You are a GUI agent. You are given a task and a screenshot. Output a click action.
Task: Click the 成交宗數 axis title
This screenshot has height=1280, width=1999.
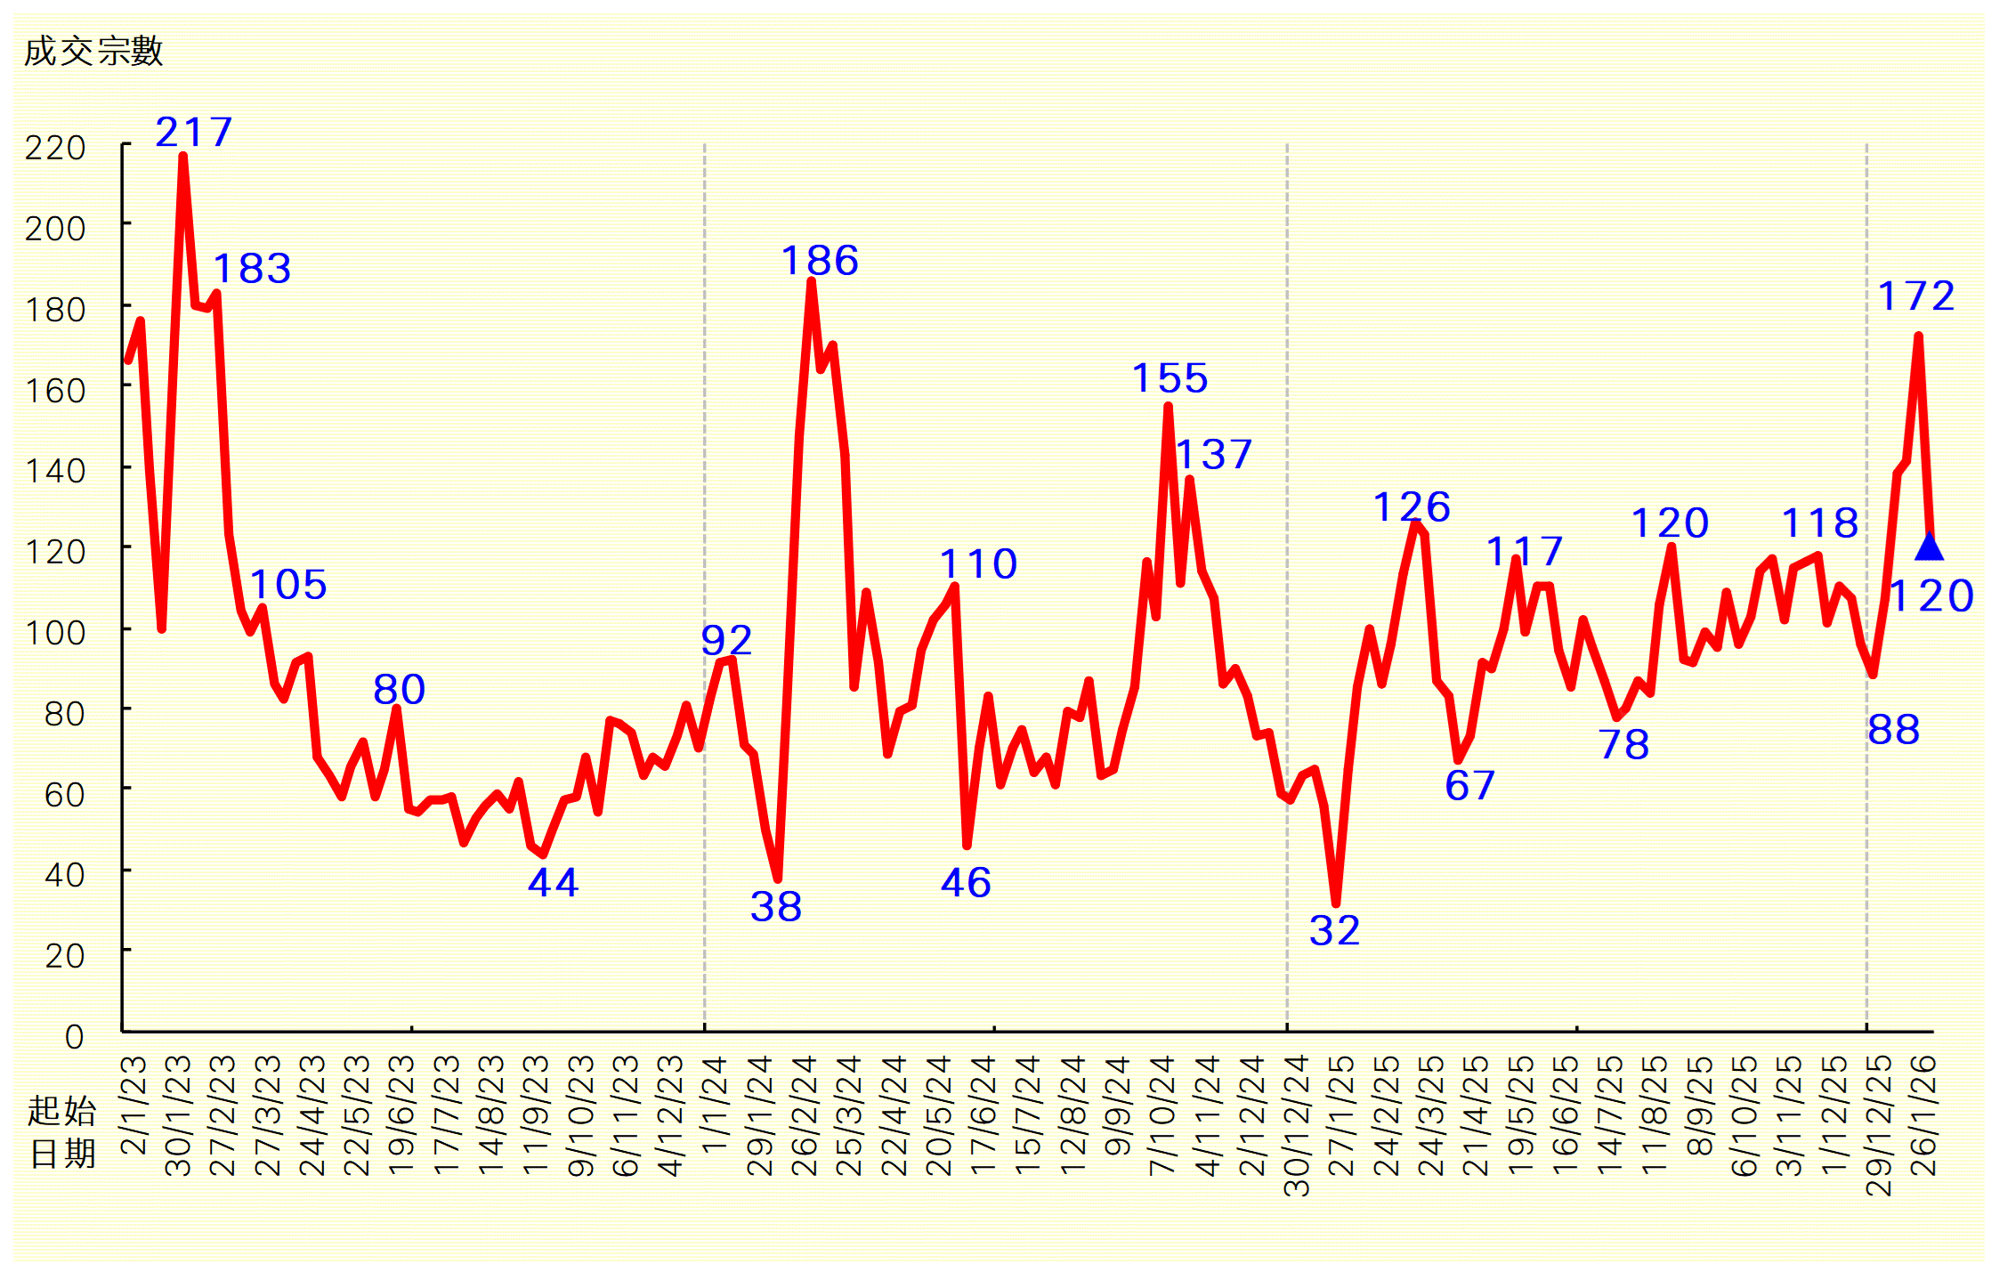click(93, 52)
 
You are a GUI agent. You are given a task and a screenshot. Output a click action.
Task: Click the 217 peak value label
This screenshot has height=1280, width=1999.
click(194, 133)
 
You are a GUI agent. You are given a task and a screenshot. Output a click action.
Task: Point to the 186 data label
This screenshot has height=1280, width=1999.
click(820, 261)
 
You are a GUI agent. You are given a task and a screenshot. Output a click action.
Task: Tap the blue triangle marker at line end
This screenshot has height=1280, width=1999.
click(1929, 547)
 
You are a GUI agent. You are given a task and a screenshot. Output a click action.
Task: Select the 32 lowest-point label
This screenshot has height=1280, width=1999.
click(1334, 931)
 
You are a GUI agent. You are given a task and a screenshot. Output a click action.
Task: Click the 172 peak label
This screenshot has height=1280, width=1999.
click(1915, 296)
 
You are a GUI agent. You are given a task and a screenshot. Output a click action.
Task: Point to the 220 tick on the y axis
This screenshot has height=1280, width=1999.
click(55, 148)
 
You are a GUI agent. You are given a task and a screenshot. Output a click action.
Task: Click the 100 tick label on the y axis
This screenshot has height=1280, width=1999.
click(55, 633)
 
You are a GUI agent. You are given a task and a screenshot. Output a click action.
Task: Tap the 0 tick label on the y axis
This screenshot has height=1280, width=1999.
click(75, 1037)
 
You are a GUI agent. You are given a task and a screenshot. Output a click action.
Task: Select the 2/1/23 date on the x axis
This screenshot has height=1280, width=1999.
click(134, 1105)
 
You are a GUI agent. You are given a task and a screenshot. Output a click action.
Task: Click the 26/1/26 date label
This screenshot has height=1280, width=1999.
click(1924, 1115)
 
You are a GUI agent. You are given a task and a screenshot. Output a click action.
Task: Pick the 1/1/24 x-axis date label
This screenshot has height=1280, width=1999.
click(715, 1105)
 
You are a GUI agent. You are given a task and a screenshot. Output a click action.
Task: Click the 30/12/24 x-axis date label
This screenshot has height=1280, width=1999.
click(1297, 1125)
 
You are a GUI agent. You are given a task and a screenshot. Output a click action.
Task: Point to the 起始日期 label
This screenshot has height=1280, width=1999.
click(61, 1132)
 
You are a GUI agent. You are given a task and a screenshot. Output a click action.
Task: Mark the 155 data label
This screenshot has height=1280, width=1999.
click(1169, 378)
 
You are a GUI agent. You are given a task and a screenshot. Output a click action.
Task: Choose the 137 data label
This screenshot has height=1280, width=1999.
click(1214, 455)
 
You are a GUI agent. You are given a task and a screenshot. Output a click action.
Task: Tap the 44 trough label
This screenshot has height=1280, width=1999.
click(553, 883)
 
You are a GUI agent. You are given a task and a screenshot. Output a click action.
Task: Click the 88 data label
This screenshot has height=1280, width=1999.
click(1893, 731)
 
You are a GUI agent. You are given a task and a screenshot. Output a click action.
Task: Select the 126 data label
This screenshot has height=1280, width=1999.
click(1412, 507)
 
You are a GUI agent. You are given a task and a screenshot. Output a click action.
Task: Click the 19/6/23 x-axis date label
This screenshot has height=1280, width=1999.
click(402, 1115)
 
